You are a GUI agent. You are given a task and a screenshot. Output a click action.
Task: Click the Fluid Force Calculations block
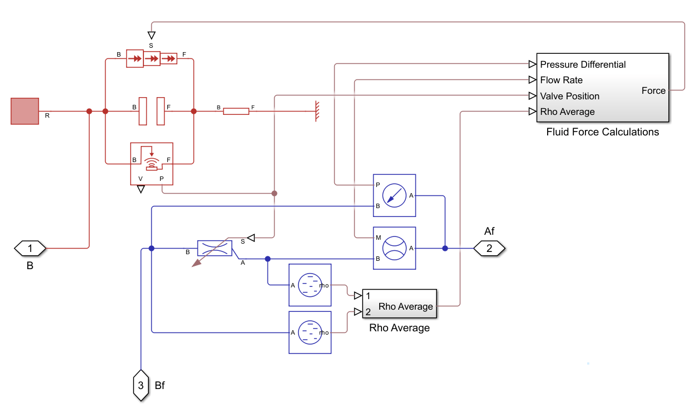click(x=602, y=88)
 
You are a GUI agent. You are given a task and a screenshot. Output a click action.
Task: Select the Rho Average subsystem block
click(x=399, y=304)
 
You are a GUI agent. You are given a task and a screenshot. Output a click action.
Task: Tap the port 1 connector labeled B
click(x=30, y=248)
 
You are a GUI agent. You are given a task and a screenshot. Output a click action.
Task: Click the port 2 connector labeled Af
click(x=489, y=248)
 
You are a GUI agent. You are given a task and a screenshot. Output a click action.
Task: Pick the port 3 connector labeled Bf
click(x=141, y=385)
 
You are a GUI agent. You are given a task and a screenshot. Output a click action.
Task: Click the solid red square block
click(x=25, y=111)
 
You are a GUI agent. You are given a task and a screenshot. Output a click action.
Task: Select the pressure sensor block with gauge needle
click(x=394, y=195)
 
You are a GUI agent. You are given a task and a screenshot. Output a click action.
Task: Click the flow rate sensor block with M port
click(x=394, y=248)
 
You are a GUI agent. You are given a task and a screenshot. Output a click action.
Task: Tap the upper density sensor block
click(x=310, y=285)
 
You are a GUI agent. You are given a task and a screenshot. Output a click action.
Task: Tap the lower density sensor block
click(x=310, y=332)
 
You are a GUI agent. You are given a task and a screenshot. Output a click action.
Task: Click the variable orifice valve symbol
click(x=215, y=248)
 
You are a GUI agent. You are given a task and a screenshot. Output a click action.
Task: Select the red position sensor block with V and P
click(x=151, y=163)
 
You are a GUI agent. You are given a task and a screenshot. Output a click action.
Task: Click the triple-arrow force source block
click(x=152, y=58)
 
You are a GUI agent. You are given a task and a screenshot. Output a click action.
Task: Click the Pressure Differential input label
click(x=583, y=64)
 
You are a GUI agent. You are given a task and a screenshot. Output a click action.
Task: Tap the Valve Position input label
click(x=569, y=96)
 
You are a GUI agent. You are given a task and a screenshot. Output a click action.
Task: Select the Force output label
click(x=653, y=90)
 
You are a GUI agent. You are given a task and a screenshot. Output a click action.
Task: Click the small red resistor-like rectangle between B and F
click(x=236, y=111)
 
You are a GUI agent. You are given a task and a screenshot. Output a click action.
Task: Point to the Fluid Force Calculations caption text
click(x=602, y=132)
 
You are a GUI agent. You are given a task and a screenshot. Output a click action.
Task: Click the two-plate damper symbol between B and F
click(x=152, y=111)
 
